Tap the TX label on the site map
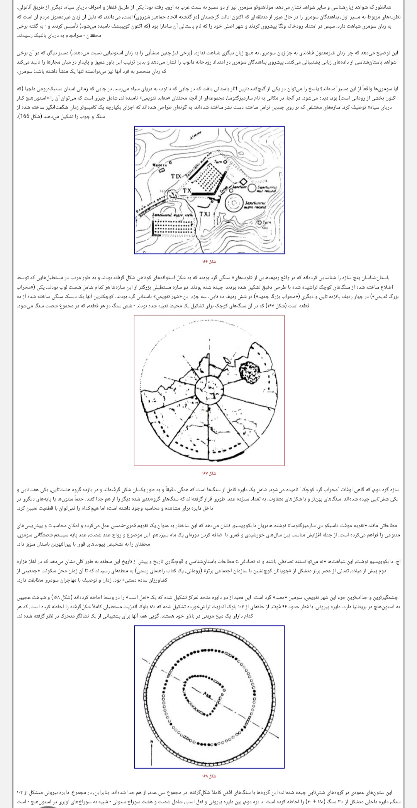tap(187, 190)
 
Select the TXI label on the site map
tap(205, 214)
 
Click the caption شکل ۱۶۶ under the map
tap(209, 262)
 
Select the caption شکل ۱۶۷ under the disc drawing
tap(209, 473)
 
